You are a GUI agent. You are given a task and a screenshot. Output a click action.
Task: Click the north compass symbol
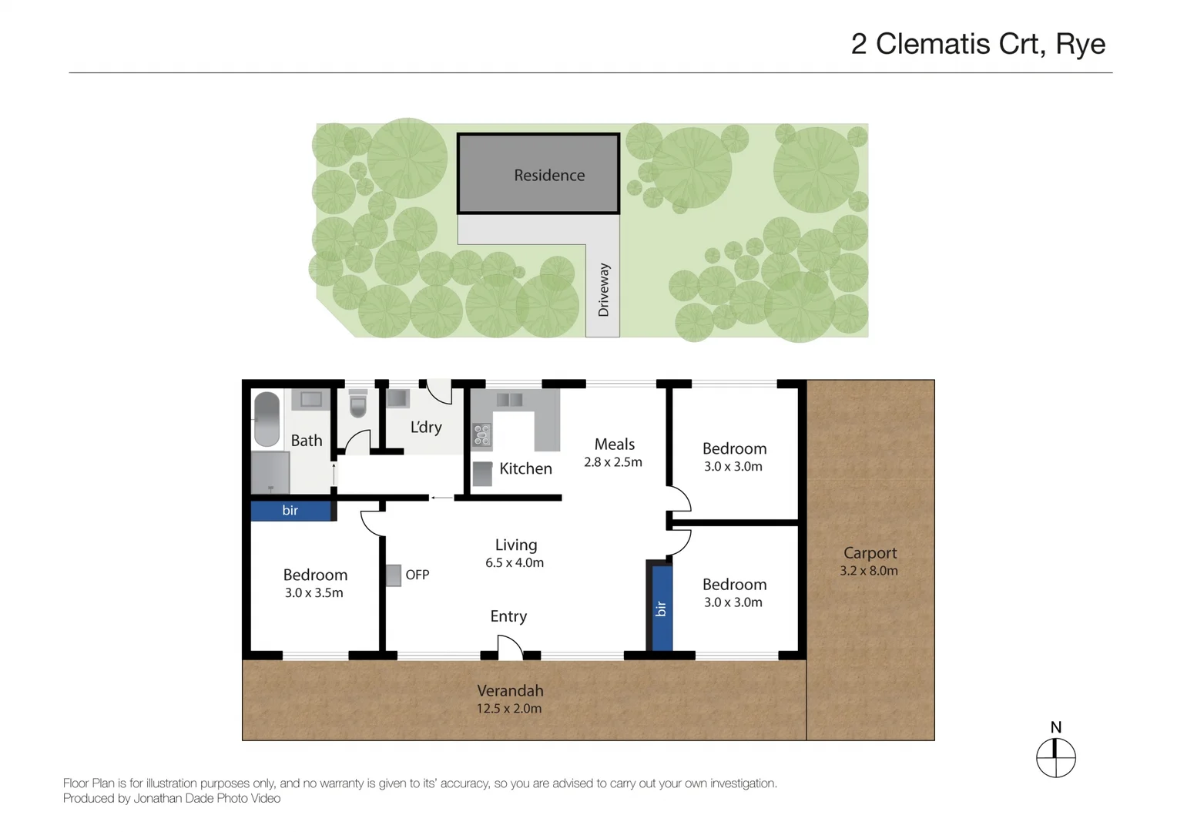1055,757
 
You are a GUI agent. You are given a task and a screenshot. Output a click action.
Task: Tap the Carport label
870,552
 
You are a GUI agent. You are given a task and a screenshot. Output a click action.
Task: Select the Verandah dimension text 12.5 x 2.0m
508,709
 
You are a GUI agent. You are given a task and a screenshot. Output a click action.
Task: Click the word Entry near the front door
508,616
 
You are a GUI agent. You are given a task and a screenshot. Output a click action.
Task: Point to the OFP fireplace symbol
394,575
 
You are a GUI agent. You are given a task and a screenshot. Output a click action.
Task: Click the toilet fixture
358,404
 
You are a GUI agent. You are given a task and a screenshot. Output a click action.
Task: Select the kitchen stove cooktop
481,435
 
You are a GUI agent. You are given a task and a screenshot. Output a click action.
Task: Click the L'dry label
425,427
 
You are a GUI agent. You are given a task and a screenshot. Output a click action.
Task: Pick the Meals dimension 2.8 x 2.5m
612,462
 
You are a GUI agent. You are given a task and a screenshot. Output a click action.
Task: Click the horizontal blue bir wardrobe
290,510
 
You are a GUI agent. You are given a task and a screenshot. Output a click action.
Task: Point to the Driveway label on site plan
604,290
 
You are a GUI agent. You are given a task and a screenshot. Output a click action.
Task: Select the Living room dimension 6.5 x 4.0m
515,563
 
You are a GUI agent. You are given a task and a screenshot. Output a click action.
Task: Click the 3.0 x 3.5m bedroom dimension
314,593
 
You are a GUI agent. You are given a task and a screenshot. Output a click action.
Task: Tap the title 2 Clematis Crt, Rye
977,44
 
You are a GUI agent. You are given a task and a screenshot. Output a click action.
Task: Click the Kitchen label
525,468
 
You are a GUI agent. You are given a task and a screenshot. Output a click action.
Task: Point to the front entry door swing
508,647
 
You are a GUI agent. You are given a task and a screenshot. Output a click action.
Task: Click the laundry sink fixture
397,398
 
